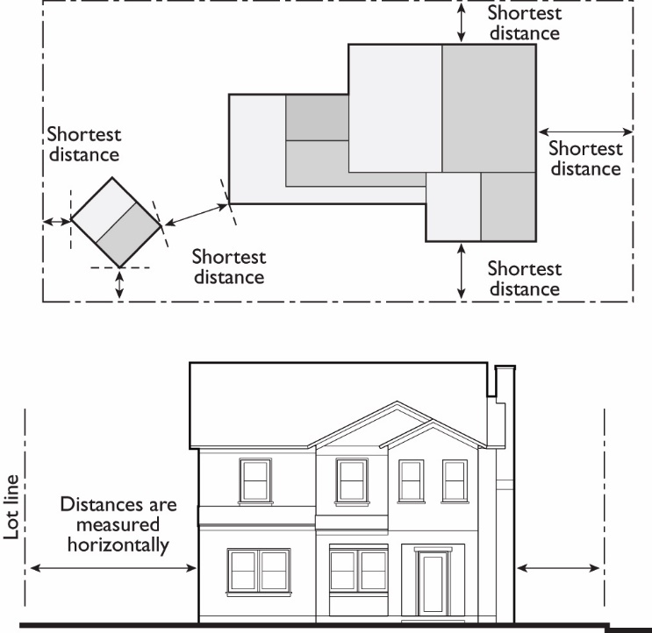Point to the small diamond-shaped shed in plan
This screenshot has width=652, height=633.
click(x=116, y=222)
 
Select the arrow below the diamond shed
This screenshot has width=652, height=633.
click(x=119, y=283)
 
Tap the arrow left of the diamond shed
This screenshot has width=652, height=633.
click(x=58, y=222)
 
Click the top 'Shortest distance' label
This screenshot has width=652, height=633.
click(x=524, y=23)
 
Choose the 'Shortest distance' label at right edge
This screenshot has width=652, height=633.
click(x=585, y=159)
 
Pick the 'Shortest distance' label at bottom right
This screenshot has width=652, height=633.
click(x=524, y=279)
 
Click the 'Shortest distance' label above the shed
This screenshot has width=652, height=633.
click(x=83, y=145)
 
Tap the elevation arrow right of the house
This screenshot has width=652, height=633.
click(x=560, y=569)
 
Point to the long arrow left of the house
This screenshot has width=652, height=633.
click(x=113, y=569)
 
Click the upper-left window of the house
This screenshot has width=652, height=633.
click(x=255, y=480)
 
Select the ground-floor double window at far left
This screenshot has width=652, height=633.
click(x=259, y=570)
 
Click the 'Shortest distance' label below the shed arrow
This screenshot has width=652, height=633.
click(x=228, y=267)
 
